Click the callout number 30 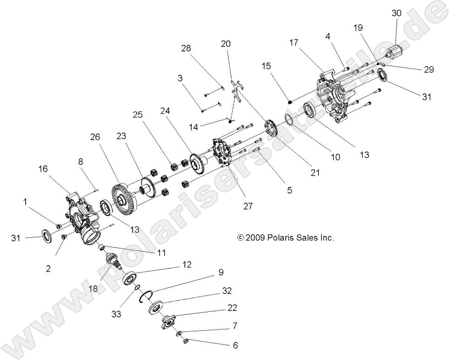coord(396,13)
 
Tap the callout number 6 coord(235,346)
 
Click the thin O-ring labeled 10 coord(288,120)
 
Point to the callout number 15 coord(266,67)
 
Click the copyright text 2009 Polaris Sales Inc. coord(286,238)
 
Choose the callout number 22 coord(232,308)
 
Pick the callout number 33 coord(116,314)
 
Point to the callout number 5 coord(289,191)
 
